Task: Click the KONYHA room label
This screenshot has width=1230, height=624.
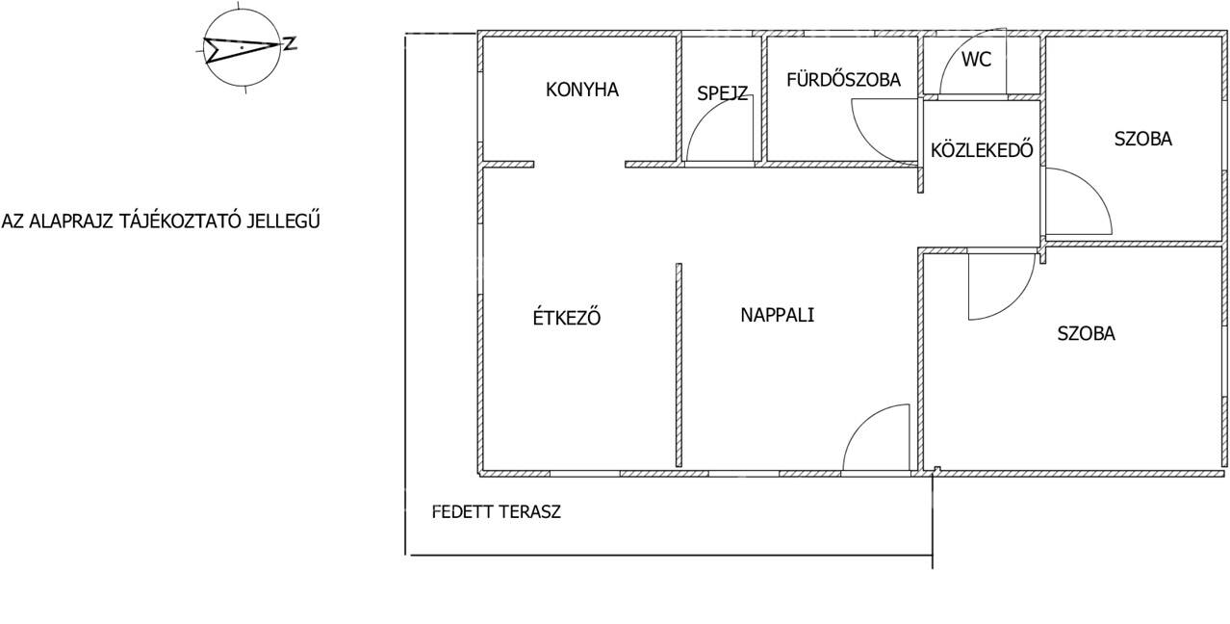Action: coord(582,90)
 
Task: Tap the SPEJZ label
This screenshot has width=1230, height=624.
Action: coord(722,93)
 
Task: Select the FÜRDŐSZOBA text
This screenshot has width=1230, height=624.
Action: coord(843,80)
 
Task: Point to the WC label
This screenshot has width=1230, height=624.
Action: coord(976,60)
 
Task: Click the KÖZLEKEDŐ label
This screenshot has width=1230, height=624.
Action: coord(982,150)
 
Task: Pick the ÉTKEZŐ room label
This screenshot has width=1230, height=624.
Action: coord(567,317)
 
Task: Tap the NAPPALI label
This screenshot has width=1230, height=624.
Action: coord(777,315)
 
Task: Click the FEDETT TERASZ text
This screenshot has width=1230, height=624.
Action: coord(497,512)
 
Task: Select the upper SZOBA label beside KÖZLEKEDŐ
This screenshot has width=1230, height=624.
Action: coord(1143,139)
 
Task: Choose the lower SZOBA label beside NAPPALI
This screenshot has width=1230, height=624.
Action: coord(1087,334)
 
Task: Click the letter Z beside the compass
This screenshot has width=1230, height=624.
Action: coord(290,44)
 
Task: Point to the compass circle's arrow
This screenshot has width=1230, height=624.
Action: coord(242,49)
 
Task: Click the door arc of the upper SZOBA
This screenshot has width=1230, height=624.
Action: coord(1092,187)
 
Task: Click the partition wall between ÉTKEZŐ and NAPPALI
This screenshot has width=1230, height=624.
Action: coord(679,365)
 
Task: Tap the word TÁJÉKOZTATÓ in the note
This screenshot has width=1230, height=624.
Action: coord(182,221)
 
